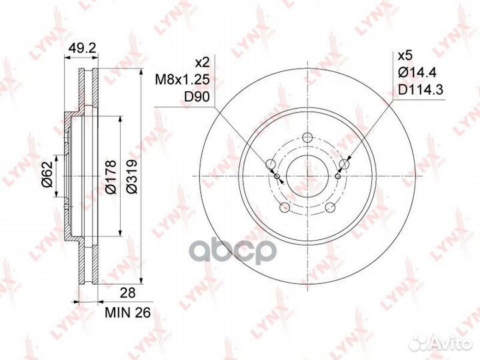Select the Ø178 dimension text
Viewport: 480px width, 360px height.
(111, 177)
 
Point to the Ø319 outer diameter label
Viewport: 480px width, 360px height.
(131, 177)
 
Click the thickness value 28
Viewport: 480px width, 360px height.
(127, 293)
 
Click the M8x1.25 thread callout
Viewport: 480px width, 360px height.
(183, 80)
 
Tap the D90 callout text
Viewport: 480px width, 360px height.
(197, 97)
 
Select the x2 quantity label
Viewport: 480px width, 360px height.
(202, 63)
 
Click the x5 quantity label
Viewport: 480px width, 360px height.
(405, 56)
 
